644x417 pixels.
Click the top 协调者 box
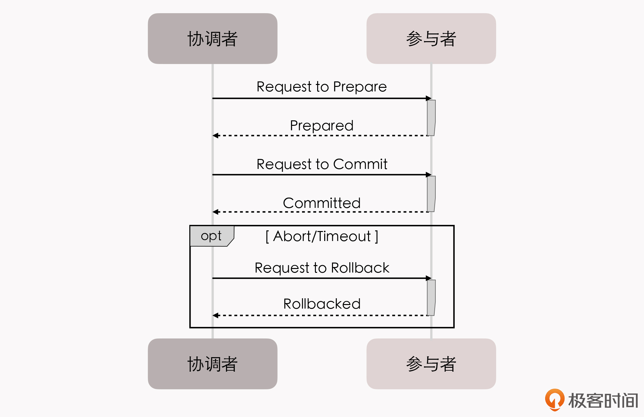(x=213, y=39)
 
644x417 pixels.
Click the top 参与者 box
(x=431, y=39)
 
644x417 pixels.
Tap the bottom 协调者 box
(x=213, y=364)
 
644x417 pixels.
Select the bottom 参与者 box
(x=431, y=364)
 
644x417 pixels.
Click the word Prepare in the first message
(x=360, y=87)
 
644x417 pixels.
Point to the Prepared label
(x=322, y=125)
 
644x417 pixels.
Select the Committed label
(x=322, y=203)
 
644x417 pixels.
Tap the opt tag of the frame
(x=211, y=236)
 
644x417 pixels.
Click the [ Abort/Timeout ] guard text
(x=322, y=236)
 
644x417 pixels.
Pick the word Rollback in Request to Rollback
(x=360, y=268)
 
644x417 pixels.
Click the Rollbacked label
(x=322, y=304)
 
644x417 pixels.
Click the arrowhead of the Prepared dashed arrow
(x=215, y=135)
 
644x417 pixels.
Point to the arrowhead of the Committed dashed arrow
(x=215, y=212)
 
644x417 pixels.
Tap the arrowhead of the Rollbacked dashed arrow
(x=215, y=315)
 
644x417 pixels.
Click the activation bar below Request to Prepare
(x=431, y=118)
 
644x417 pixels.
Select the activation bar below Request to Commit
(x=431, y=194)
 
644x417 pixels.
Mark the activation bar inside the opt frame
(x=431, y=298)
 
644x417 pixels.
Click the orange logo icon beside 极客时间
(x=554, y=399)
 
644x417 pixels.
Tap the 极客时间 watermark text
(x=603, y=401)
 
